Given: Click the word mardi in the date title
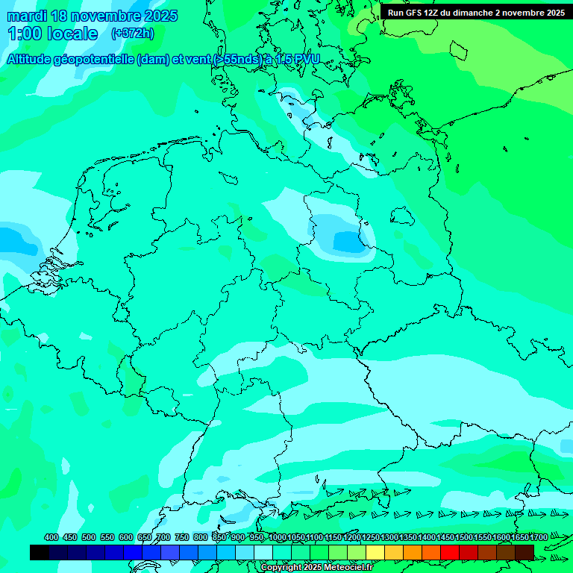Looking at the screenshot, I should [x=27, y=16].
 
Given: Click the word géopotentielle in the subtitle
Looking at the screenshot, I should [x=96, y=59].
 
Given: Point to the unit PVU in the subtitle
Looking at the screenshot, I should [x=307, y=59].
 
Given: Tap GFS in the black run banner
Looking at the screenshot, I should [x=415, y=12].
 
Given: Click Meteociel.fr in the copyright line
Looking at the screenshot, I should [x=344, y=568].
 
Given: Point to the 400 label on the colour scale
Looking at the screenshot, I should [x=51, y=537].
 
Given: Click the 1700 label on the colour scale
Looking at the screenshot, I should [x=538, y=537].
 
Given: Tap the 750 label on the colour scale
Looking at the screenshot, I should [x=181, y=537].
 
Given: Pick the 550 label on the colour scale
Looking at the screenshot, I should [x=107, y=537].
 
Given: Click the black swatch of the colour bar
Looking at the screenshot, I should [x=40, y=552].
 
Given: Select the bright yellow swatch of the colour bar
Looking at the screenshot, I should [x=375, y=552].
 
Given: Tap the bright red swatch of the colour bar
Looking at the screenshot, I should [x=450, y=552].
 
